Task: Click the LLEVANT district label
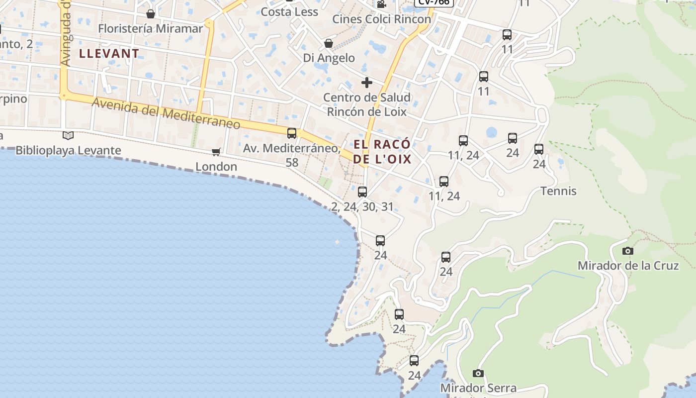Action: click(x=109, y=53)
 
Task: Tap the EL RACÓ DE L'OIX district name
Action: click(x=382, y=152)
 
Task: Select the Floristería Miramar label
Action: click(x=151, y=28)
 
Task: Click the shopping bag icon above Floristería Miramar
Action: click(x=151, y=14)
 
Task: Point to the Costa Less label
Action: click(x=289, y=11)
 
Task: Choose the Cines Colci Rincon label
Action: click(x=381, y=19)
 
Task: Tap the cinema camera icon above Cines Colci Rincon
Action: click(x=381, y=4)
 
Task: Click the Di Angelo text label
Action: click(x=329, y=58)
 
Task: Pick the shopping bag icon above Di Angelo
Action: click(x=328, y=43)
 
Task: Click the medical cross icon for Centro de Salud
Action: click(x=367, y=82)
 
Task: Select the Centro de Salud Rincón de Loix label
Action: click(x=367, y=104)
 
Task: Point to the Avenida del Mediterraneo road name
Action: click(x=166, y=113)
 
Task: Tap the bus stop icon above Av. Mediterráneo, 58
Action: click(x=292, y=133)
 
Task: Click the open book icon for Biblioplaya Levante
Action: click(x=68, y=135)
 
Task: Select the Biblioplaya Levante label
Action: click(x=68, y=150)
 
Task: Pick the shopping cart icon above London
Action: click(x=216, y=152)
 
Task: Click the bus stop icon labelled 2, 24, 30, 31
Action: click(x=362, y=192)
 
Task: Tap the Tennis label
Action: click(x=558, y=191)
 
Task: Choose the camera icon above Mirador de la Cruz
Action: click(x=628, y=251)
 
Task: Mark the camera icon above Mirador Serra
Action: click(x=478, y=373)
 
